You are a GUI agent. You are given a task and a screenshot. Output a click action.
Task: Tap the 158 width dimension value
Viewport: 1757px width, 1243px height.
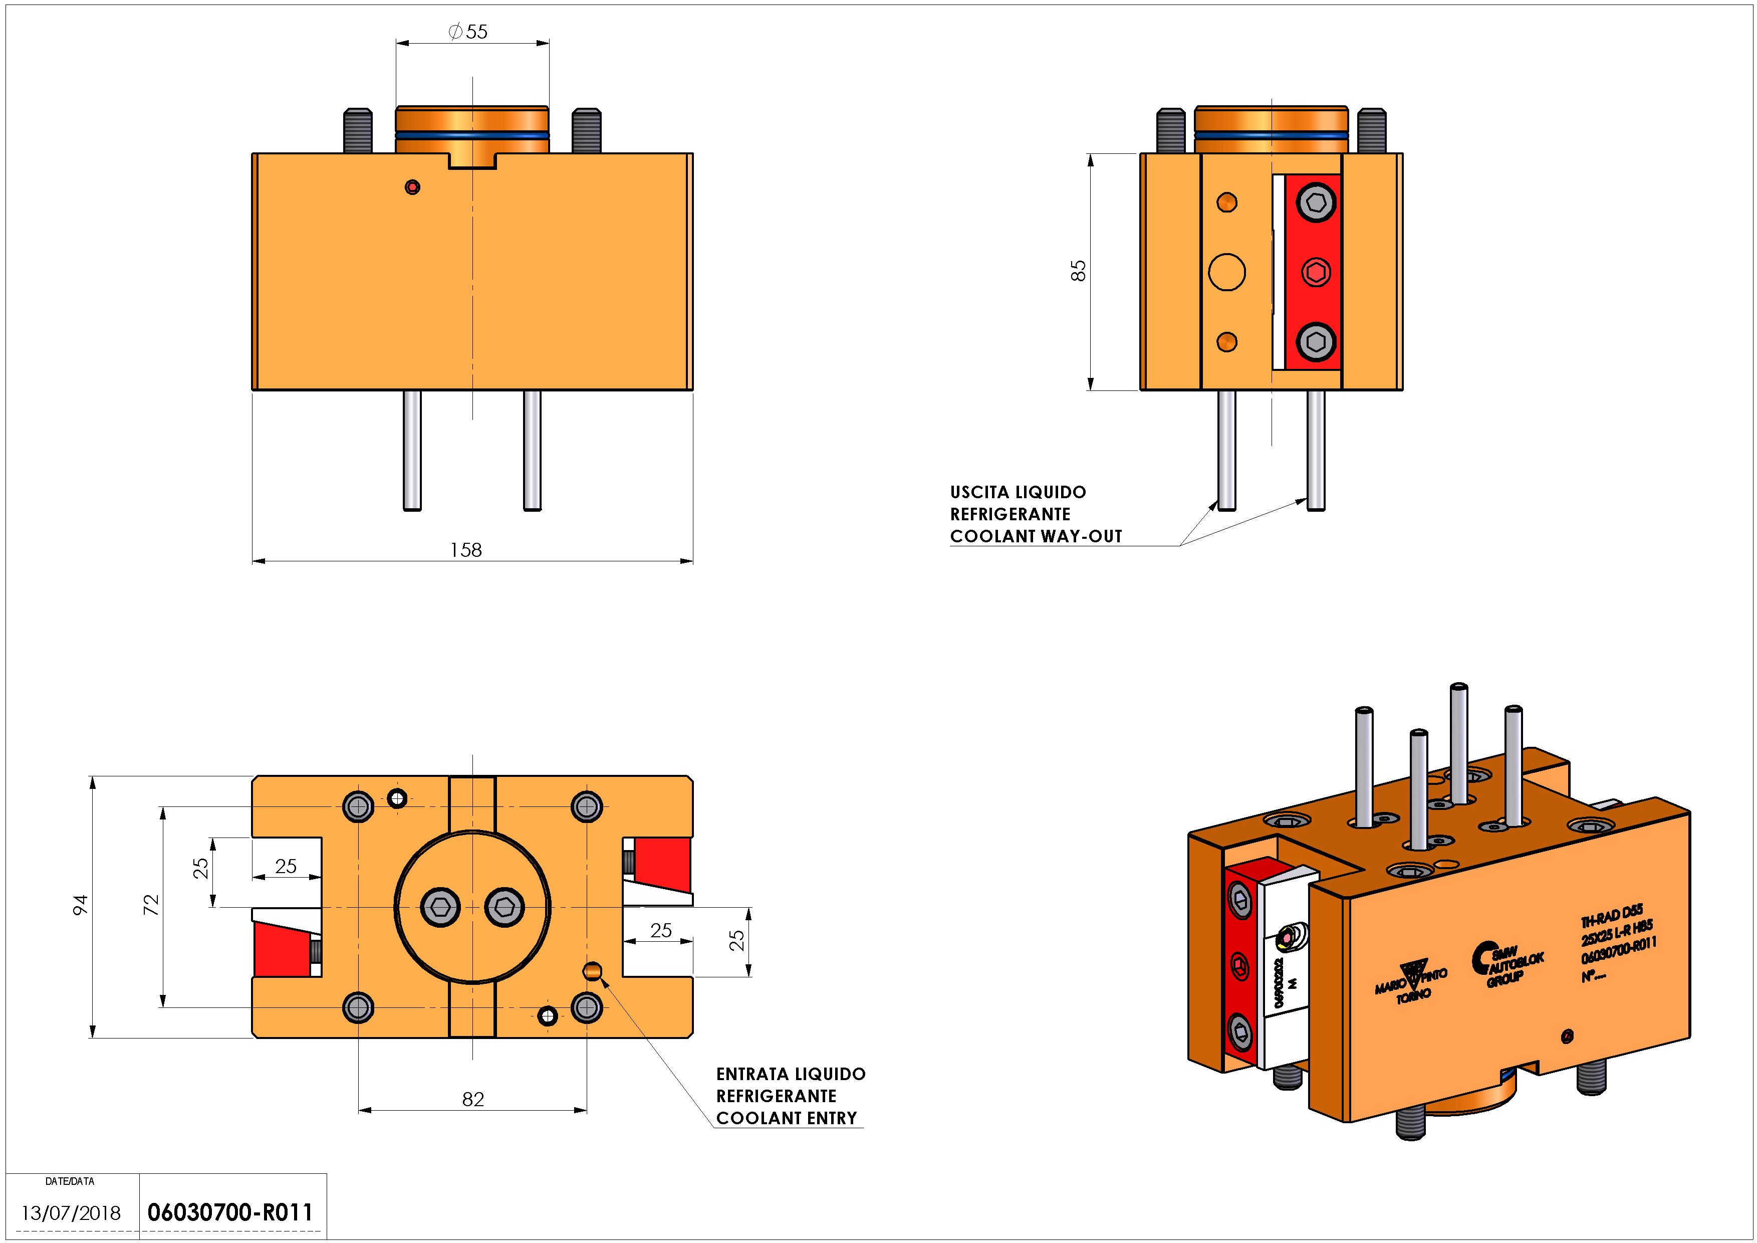(466, 550)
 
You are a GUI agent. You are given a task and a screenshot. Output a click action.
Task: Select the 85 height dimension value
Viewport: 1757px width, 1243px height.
(1078, 271)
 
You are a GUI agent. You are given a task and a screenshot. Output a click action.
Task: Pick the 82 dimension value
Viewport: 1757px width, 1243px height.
(473, 1100)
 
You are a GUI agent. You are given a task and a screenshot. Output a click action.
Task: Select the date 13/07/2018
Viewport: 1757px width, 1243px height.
(71, 1213)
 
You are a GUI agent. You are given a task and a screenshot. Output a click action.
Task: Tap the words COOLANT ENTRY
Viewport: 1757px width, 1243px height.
(786, 1118)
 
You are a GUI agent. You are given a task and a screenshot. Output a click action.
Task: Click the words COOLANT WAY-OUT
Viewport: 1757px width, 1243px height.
(1036, 536)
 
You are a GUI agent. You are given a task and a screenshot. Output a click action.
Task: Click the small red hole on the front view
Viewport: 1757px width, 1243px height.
(412, 187)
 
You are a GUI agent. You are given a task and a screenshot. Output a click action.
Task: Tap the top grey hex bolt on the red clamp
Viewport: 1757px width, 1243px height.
(1316, 203)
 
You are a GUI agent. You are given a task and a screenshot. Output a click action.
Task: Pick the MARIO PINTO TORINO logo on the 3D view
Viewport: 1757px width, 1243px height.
(1412, 981)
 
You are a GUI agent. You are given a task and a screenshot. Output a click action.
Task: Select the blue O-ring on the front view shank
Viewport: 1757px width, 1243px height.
(472, 135)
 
